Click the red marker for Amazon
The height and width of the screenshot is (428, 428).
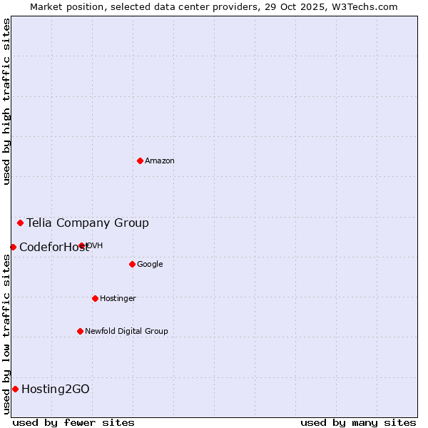(x=140, y=160)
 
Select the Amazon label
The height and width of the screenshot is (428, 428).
(x=160, y=161)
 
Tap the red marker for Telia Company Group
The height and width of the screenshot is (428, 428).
(x=20, y=223)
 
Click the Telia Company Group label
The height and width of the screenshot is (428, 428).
(x=88, y=223)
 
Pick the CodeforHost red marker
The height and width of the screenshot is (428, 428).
(x=13, y=247)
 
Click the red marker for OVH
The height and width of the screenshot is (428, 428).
(x=82, y=246)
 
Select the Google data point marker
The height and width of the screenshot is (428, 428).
(x=132, y=264)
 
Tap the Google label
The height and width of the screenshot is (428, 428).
(x=150, y=265)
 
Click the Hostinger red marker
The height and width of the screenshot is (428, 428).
(x=95, y=298)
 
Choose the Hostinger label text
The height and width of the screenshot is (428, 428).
(x=118, y=299)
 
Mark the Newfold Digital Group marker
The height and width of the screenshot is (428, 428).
(x=80, y=331)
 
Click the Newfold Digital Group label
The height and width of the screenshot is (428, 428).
(x=126, y=332)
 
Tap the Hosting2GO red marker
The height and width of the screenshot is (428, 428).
(x=15, y=389)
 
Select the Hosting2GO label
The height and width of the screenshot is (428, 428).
(x=56, y=389)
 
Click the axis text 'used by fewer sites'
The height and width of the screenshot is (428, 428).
(x=73, y=422)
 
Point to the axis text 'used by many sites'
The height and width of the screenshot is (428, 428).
(x=358, y=422)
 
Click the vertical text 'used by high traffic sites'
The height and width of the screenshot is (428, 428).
(x=6, y=101)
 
